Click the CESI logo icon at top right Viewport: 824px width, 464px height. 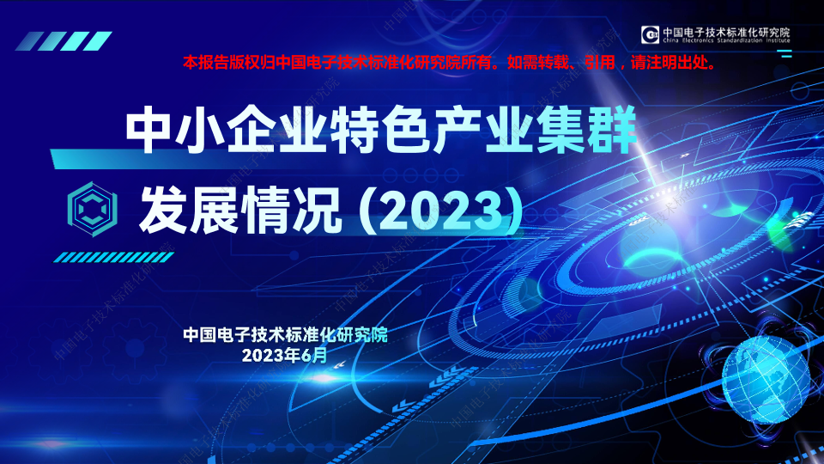(650, 34)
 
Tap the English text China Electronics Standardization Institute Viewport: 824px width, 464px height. (726, 40)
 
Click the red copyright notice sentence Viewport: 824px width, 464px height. (451, 63)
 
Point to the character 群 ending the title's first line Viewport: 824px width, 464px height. (613, 130)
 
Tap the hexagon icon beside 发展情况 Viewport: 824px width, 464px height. (93, 209)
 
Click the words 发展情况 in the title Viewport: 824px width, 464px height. (240, 211)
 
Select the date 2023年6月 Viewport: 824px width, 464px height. (284, 356)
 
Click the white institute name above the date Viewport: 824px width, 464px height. (285, 334)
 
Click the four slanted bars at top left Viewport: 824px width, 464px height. (64, 41)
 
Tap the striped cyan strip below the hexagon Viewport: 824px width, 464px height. (113, 257)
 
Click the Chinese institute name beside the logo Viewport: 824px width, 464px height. (726, 32)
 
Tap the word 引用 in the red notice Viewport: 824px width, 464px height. (600, 63)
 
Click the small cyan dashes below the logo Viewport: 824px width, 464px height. (785, 53)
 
